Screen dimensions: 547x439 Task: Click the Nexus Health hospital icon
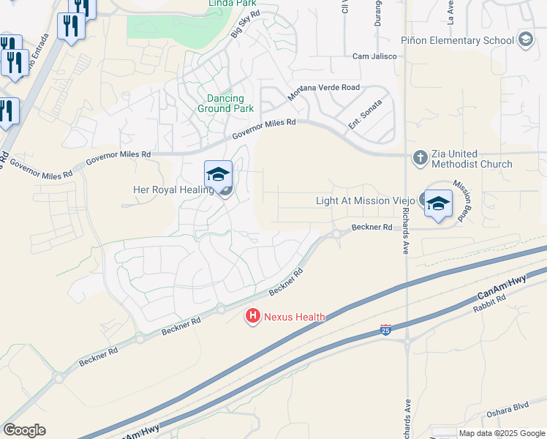(252, 316)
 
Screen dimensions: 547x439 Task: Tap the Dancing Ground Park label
(225, 102)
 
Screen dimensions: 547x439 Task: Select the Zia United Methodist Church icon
(420, 157)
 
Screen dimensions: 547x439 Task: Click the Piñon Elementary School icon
(524, 40)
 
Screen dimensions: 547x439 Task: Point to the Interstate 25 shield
(386, 331)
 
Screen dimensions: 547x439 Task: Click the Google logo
(25, 430)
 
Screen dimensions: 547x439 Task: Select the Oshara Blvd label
(508, 412)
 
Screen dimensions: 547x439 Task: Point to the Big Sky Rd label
(245, 25)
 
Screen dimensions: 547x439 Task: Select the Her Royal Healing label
(173, 190)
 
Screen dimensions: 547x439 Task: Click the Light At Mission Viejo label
(366, 200)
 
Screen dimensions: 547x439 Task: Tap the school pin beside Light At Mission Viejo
(438, 204)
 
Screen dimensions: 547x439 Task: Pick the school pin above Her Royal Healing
(218, 175)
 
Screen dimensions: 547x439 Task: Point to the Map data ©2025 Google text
(501, 433)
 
